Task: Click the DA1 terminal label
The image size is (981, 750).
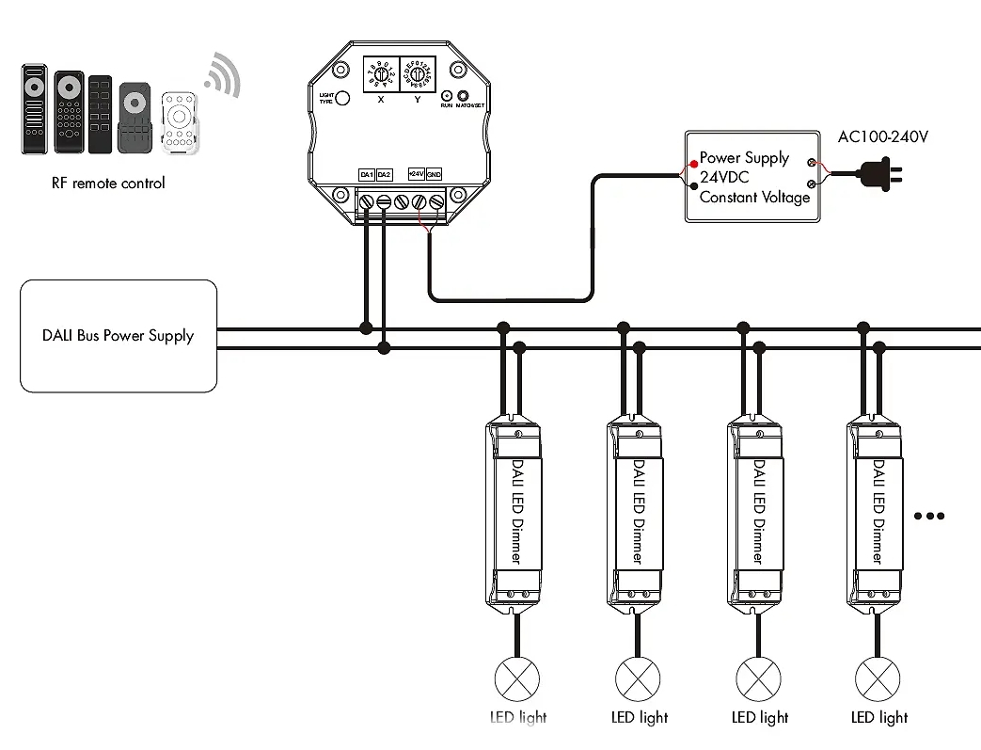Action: point(367,174)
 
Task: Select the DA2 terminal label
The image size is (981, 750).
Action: point(384,174)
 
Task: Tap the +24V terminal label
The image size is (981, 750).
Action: point(417,174)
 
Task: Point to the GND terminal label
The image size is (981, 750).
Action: point(434,174)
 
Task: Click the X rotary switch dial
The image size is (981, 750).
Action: point(380,73)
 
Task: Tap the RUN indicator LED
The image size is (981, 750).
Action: point(446,96)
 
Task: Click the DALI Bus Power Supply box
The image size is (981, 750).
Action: point(119,336)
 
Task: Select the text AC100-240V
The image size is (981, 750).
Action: point(883,137)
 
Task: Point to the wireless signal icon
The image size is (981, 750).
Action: point(222,75)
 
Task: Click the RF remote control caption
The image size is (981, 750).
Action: point(108,183)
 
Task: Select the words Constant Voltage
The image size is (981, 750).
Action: point(754,198)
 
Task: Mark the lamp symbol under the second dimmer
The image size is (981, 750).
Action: point(639,678)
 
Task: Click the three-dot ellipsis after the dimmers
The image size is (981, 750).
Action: point(928,517)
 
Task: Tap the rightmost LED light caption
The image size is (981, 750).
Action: point(879,717)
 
